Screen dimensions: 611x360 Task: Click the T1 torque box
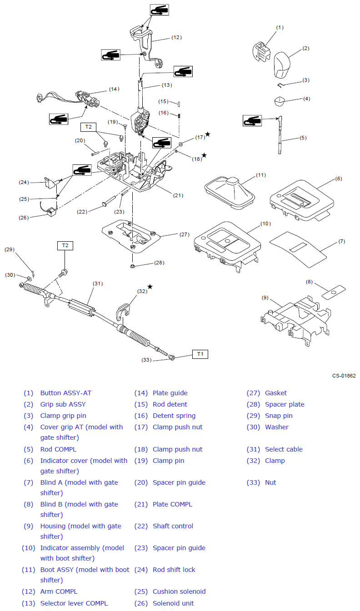tap(200, 353)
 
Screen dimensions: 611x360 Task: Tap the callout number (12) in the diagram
tap(176, 37)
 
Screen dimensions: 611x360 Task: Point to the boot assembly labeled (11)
tap(230, 194)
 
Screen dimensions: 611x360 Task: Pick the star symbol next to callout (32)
tap(150, 287)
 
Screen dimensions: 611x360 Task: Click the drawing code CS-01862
tap(344, 376)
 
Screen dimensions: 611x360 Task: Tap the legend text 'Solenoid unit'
tap(173, 603)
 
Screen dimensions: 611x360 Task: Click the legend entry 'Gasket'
tap(276, 393)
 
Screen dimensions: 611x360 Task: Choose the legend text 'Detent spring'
tap(174, 416)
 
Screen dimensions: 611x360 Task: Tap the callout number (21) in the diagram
tap(178, 195)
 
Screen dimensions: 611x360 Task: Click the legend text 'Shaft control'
tap(173, 526)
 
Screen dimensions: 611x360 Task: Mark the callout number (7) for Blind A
tap(341, 242)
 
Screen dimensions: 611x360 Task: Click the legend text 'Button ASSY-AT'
tap(65, 393)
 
